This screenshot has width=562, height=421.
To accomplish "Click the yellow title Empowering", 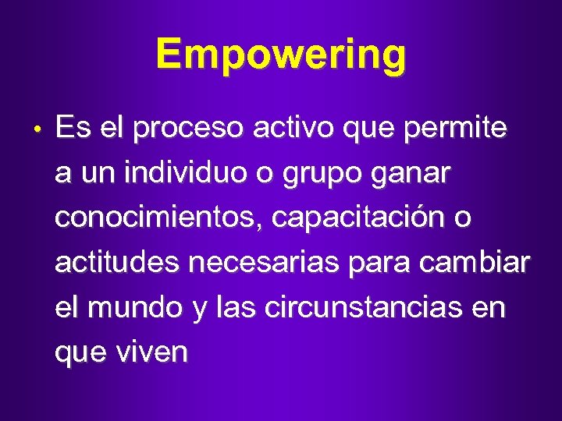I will pyautogui.click(x=281, y=55).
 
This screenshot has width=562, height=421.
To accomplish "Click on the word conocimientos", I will pyautogui.click(x=161, y=218).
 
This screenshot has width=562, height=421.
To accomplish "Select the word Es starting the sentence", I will pyautogui.click(x=73, y=129).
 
